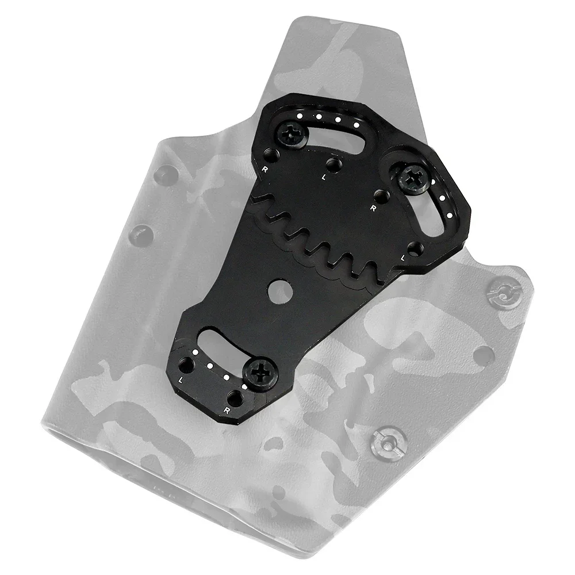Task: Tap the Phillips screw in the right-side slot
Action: click(x=413, y=179)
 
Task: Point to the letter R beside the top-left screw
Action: click(x=265, y=170)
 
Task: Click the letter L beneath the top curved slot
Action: click(x=324, y=178)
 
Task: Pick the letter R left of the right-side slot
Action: click(x=374, y=207)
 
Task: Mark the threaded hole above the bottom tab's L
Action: click(x=187, y=366)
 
